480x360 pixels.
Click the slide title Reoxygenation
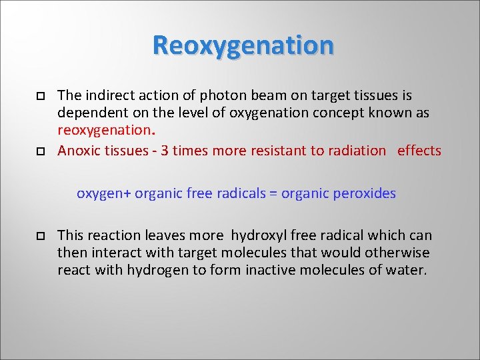click(243, 45)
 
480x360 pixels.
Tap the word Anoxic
click(77, 150)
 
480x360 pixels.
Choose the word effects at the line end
click(419, 150)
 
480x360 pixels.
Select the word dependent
click(88, 113)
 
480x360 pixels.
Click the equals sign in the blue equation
click(272, 194)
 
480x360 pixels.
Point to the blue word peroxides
click(365, 194)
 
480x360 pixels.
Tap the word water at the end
click(410, 271)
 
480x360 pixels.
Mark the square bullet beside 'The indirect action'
click(39, 97)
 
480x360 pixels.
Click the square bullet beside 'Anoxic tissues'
click(39, 151)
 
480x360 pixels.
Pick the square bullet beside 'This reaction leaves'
click(39, 236)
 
